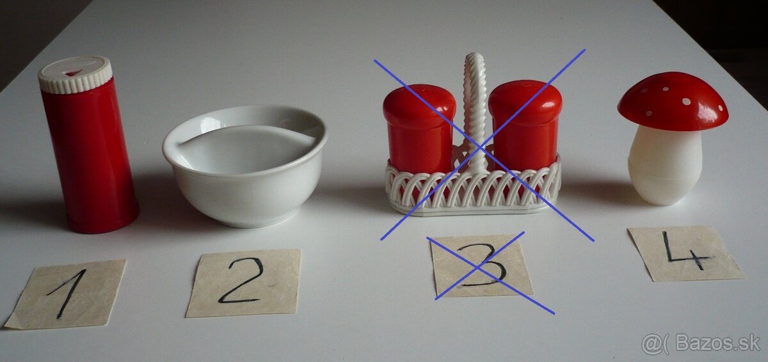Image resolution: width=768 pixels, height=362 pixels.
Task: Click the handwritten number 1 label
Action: [x=66, y=294]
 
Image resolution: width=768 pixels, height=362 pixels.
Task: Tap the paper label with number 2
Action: [x=244, y=283]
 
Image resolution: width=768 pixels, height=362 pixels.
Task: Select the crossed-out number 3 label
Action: [x=481, y=265]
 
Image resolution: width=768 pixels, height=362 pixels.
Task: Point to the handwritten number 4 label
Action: [x=685, y=253]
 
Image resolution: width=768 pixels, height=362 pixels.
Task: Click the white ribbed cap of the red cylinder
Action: [x=75, y=75]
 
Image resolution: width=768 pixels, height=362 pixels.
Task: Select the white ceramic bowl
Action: [x=244, y=165]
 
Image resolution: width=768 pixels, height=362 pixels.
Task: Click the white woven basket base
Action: [x=473, y=190]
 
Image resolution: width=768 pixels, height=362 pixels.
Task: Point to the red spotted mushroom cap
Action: [x=673, y=102]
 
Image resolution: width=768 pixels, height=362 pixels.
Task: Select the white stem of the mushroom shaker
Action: [x=664, y=166]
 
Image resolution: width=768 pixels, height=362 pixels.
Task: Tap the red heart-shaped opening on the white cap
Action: [x=73, y=73]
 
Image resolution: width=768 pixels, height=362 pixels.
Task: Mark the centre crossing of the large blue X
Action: [x=481, y=147]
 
